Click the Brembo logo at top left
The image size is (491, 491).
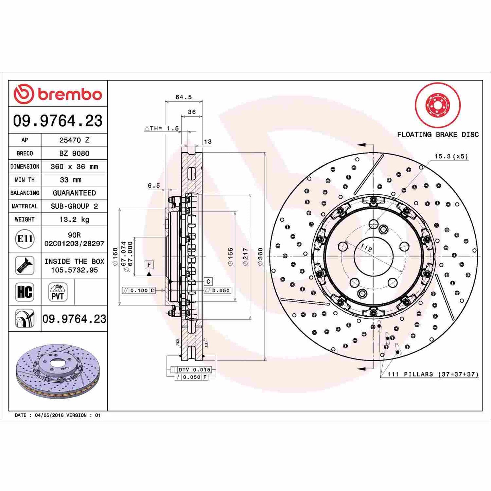58,94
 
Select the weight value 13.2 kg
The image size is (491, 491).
74,220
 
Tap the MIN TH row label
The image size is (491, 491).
25,180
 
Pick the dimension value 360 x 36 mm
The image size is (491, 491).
74,166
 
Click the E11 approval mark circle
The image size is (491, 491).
25,239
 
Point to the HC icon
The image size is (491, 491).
25,292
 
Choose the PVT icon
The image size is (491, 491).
57,292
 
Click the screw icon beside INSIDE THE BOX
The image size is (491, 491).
25,265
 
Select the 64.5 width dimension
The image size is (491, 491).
183,97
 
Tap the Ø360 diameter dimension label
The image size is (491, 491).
260,257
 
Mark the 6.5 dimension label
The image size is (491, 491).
154,186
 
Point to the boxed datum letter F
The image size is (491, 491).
149,265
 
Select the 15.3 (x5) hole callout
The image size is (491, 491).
451,156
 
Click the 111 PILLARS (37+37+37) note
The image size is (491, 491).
433,374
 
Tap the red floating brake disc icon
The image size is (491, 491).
438,105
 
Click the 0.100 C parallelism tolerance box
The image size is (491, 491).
139,291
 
